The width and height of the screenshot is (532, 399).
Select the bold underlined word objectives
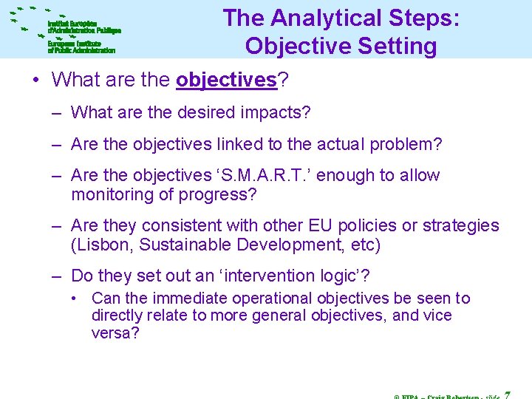226,80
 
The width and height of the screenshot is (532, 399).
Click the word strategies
462,226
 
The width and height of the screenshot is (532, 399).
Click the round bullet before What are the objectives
36,80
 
